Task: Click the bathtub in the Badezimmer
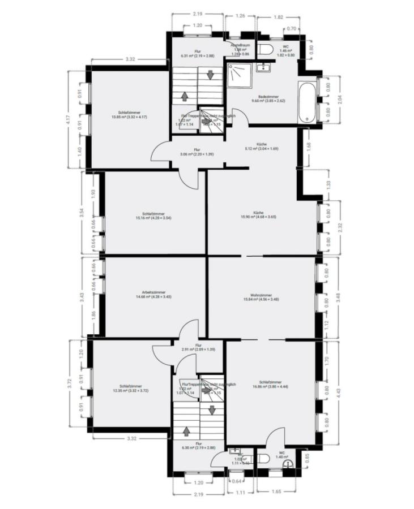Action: tap(308, 102)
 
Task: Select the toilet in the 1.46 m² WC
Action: tap(265, 49)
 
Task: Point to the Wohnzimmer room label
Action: tap(261, 297)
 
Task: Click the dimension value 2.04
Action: tap(339, 101)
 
